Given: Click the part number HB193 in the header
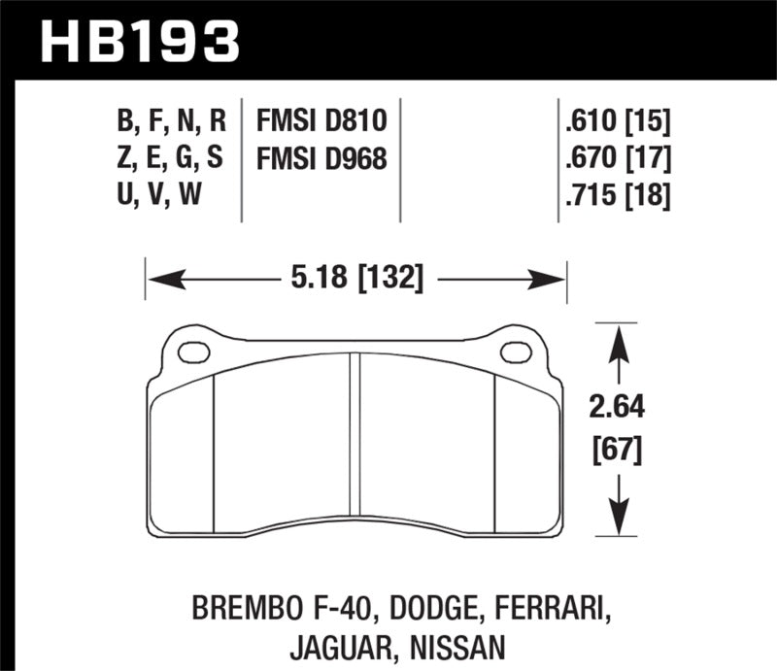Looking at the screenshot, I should point(137,41).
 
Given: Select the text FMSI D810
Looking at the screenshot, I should point(321,120).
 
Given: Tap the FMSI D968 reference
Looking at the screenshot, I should point(321,157).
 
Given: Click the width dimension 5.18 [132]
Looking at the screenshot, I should point(355,280).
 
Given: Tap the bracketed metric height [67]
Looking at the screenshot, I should point(615,450).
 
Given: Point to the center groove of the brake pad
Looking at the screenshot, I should point(355,437).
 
